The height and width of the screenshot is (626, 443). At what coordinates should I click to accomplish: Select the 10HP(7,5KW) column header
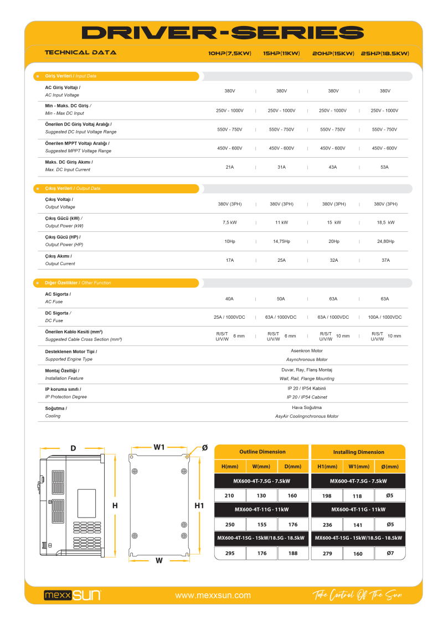[x=230, y=54]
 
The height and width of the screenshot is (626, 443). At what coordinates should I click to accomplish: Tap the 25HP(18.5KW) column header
[x=385, y=54]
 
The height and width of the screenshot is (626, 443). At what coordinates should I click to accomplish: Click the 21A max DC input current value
[x=229, y=167]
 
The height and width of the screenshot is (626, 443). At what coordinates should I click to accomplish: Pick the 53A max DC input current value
[x=384, y=167]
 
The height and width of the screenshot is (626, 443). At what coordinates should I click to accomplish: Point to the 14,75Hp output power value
[x=281, y=241]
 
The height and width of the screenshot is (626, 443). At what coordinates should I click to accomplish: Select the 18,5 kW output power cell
[x=385, y=223]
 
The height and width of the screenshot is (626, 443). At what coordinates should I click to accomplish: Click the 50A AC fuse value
[x=281, y=299]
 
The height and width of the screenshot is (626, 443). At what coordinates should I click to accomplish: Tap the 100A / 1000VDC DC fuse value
[x=385, y=317]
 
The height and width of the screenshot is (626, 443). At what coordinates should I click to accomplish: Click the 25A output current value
[x=281, y=260]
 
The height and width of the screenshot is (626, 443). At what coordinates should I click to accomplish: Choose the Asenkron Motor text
[x=307, y=351]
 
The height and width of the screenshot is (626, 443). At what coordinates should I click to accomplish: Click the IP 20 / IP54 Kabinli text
[x=307, y=389]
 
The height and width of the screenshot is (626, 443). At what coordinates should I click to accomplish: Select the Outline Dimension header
[x=262, y=452]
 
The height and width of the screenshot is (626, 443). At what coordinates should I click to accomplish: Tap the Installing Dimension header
[x=358, y=452]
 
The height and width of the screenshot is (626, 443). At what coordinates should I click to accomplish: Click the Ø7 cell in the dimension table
[x=390, y=553]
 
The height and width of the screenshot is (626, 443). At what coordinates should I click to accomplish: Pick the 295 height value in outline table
[x=229, y=553]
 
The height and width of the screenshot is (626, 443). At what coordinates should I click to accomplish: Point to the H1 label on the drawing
[x=199, y=505]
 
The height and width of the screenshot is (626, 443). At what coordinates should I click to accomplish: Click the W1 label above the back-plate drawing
[x=159, y=447]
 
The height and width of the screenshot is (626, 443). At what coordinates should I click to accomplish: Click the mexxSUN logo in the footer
[x=73, y=596]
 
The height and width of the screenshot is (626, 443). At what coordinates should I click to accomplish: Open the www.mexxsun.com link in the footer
[x=213, y=596]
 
